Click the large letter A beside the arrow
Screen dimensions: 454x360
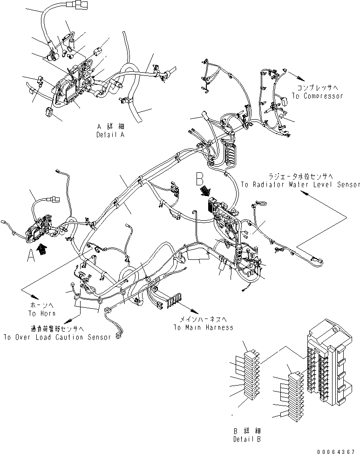[31, 255]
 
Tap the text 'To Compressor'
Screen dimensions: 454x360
[317, 96]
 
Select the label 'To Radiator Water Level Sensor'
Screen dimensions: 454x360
[300, 185]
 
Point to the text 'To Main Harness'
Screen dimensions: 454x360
[204, 327]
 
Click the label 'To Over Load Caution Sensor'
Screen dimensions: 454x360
[57, 337]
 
